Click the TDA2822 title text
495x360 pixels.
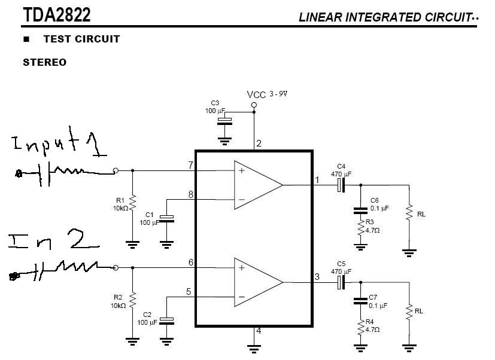[57, 14]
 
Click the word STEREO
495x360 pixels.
[45, 62]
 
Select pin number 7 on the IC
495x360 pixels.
[190, 164]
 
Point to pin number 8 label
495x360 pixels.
[190, 194]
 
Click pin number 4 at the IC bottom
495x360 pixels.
[259, 330]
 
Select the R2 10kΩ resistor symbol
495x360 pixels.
[133, 299]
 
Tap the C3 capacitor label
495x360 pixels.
[215, 103]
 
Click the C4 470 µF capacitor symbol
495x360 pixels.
[341, 185]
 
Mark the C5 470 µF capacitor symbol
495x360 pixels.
[341, 282]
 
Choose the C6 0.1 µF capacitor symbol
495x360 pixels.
[360, 210]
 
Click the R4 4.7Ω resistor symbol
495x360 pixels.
[360, 327]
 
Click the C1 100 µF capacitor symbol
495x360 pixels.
[167, 218]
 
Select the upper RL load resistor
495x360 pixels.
[409, 212]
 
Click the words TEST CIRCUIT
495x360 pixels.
[81, 39]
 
